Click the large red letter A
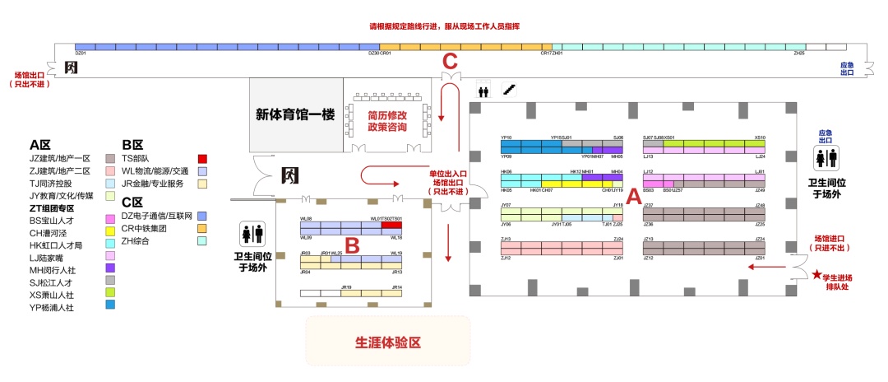632,198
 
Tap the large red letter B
351,245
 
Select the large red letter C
449,61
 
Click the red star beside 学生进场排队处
816,274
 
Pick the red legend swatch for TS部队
202,158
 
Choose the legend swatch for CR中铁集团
202,228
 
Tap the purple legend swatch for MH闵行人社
110,268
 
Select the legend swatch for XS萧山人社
110,293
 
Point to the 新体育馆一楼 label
295,115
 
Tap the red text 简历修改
386,116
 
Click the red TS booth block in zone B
391,225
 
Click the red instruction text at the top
444,26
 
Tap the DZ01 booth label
81,54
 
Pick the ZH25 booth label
798,54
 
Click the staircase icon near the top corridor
509,89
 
